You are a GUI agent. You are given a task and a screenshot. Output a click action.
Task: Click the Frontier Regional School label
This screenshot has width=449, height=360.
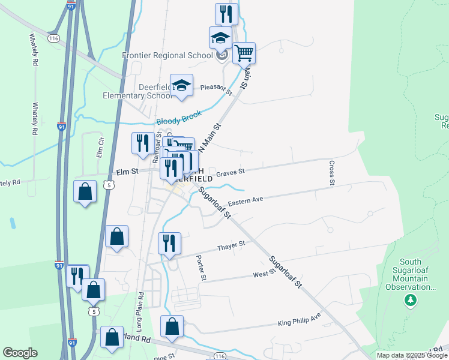(x=167, y=55)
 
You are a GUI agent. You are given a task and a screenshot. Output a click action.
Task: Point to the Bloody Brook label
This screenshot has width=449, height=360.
(x=179, y=118)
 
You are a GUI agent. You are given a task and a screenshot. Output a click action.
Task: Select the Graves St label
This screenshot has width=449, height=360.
(x=231, y=172)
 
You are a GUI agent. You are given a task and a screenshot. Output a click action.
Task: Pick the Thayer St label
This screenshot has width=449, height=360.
(x=231, y=245)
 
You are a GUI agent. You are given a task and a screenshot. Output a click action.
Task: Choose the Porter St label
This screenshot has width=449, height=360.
(x=202, y=268)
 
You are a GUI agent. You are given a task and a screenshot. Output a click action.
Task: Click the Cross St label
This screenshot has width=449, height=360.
(x=331, y=172)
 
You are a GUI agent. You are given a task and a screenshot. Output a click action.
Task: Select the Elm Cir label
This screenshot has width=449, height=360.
(x=100, y=146)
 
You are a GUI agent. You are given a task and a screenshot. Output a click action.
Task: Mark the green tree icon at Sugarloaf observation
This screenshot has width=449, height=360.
(x=411, y=299)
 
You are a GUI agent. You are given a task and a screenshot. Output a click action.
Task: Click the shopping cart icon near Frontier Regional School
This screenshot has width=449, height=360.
(x=244, y=53)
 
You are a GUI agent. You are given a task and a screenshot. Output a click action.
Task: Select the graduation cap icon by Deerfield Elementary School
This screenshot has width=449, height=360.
(x=181, y=85)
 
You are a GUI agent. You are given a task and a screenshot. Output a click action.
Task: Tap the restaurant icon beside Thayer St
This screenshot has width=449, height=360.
(x=169, y=244)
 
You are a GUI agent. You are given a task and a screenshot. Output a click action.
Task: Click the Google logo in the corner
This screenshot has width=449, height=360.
(x=20, y=353)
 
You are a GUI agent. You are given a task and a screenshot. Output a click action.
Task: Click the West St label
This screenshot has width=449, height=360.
(x=264, y=273)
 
